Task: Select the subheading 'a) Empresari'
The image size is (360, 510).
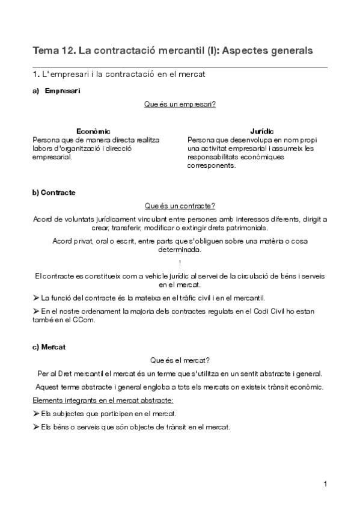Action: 56,91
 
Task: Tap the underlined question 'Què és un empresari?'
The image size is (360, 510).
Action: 180,105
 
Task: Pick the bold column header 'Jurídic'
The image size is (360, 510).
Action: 262,131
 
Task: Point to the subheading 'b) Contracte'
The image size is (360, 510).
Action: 54,192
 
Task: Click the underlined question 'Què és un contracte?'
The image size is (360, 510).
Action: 180,206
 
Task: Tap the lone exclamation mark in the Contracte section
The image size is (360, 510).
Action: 180,262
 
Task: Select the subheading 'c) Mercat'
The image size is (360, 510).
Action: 49,346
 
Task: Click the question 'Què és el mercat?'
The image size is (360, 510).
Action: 180,360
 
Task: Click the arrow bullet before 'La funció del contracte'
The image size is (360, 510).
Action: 35,298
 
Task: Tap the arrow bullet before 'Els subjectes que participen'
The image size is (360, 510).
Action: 35,414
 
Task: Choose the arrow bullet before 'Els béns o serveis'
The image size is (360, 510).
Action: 35,428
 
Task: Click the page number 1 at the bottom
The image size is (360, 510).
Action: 325,484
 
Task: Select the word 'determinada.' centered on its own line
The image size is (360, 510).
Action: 180,249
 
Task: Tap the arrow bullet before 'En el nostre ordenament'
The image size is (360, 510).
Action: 35,312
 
